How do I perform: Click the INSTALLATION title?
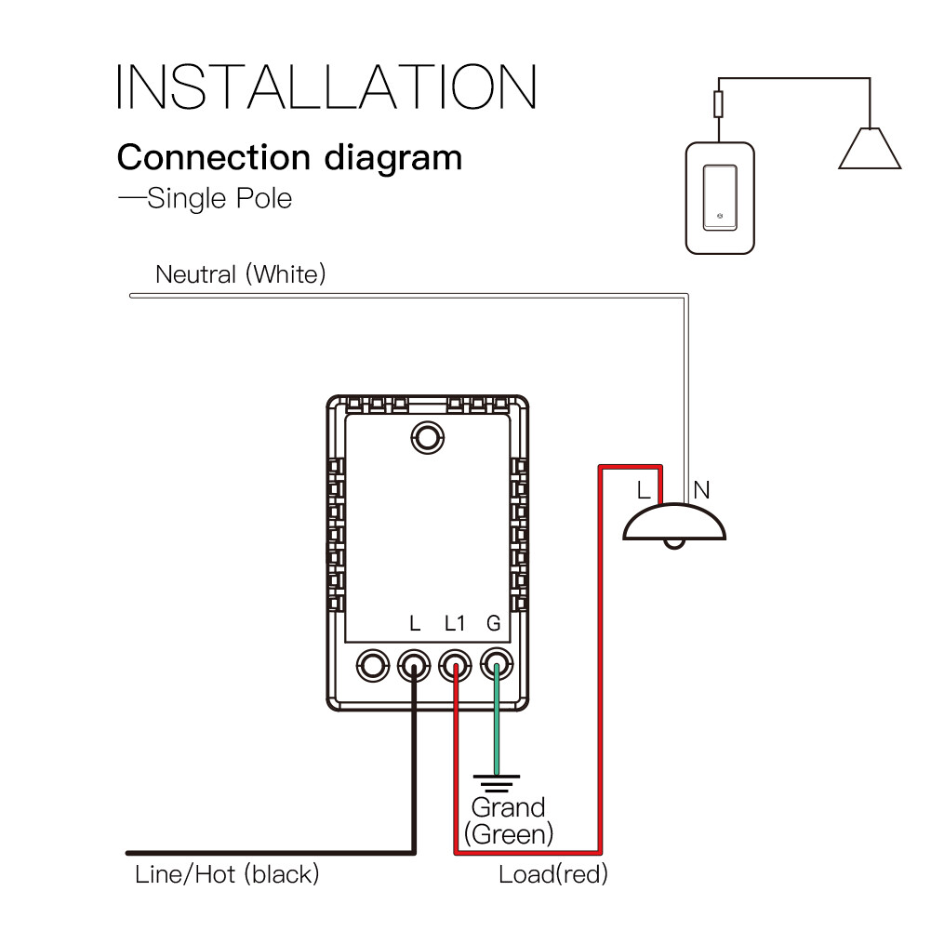pos(326,87)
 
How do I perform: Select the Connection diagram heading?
pos(289,157)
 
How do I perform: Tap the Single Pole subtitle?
pos(206,198)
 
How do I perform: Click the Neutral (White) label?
pos(240,274)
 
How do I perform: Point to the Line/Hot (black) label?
pos(227,874)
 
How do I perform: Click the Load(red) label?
pos(553,874)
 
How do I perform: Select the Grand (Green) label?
pos(508,819)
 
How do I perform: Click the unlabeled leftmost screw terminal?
pos(373,665)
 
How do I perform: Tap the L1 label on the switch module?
pos(454,623)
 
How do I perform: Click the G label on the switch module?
pos(494,623)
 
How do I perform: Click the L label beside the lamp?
pos(644,489)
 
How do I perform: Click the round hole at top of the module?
pos(427,436)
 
